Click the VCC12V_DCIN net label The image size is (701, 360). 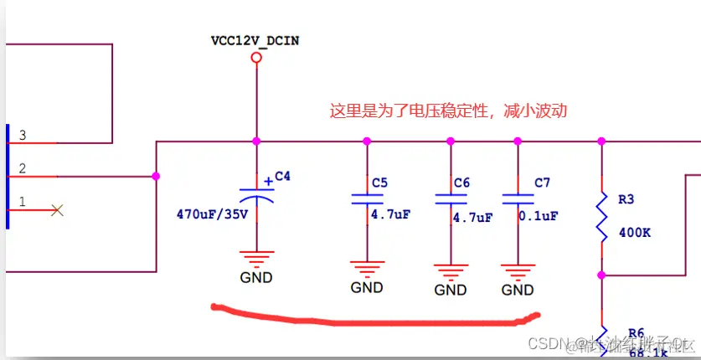click(x=255, y=39)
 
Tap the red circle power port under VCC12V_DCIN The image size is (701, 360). click(x=256, y=58)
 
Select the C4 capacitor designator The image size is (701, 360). click(x=282, y=177)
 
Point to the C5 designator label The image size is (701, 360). click(x=379, y=182)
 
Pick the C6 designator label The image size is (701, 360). click(x=461, y=183)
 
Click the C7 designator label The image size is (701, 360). click(x=542, y=183)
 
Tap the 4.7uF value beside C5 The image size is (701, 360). click(x=390, y=214)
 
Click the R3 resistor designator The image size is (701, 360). click(x=626, y=200)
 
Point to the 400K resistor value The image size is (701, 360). click(x=634, y=232)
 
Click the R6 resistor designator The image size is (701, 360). click(x=636, y=332)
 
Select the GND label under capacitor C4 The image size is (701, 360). click(x=256, y=277)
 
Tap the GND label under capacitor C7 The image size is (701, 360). click(x=518, y=290)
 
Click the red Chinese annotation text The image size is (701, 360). click(x=449, y=111)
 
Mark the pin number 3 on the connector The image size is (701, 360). click(x=23, y=135)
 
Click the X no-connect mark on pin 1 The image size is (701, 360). click(x=57, y=210)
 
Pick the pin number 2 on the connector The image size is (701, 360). click(x=23, y=168)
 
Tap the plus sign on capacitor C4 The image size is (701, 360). click(x=268, y=180)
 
